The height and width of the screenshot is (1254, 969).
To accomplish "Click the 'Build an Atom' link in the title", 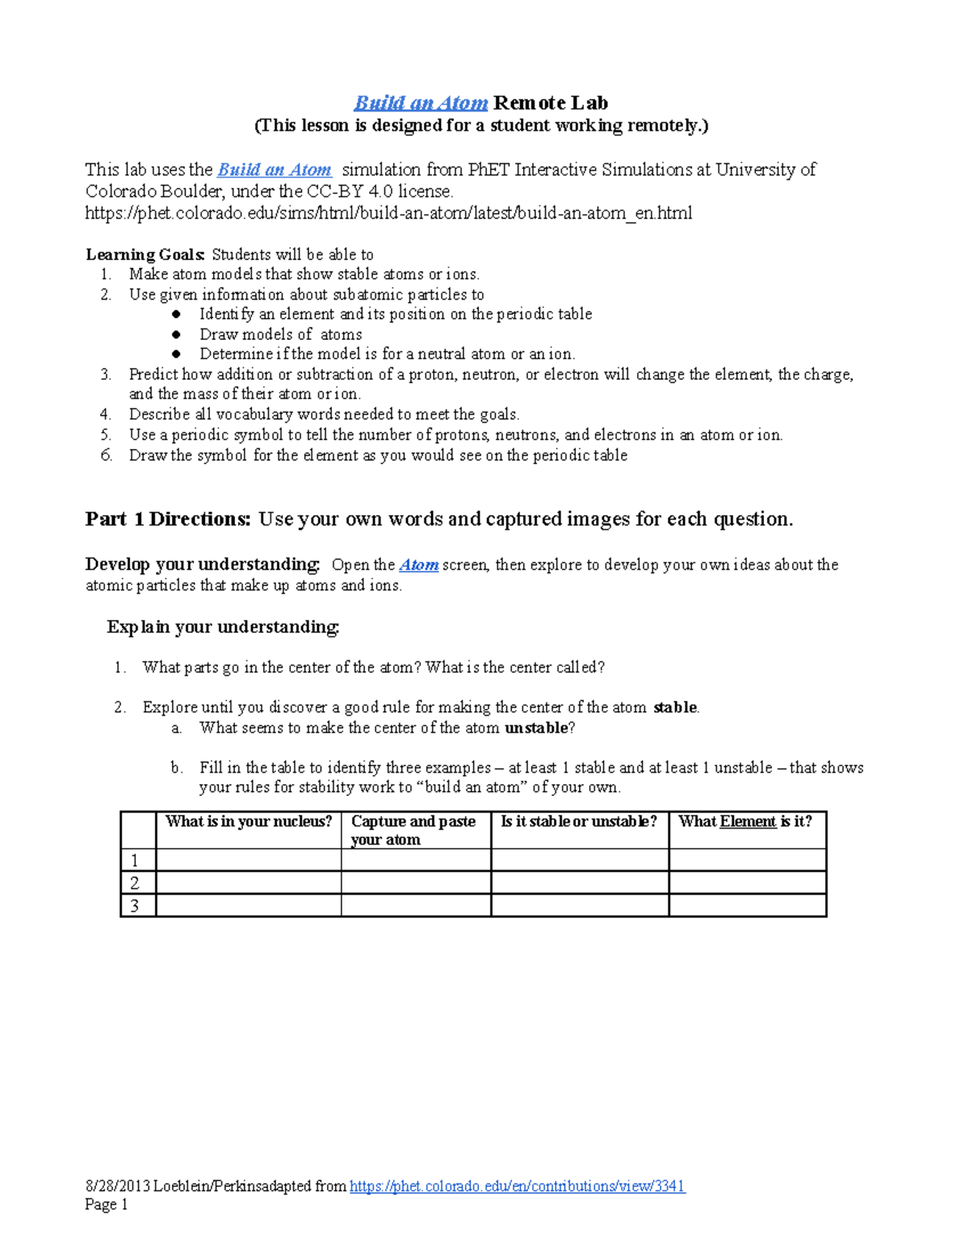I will coord(421,103).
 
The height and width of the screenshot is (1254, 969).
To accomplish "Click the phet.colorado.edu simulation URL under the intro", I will coord(388,213).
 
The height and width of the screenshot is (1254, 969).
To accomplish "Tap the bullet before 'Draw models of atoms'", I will coord(176,334).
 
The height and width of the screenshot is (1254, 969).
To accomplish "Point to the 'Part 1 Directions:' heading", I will coord(168,519).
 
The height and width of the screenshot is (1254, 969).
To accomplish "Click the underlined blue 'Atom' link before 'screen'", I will coord(419,565).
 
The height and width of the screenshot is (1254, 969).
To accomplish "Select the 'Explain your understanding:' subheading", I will coord(223,627).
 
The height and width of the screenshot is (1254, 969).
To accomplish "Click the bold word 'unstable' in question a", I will coord(536,728).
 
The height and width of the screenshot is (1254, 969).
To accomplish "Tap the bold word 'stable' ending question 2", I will coord(674,707).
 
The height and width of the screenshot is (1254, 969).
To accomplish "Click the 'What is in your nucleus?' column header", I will coord(249,822).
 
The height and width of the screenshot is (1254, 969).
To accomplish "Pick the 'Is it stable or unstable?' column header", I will coord(579,822).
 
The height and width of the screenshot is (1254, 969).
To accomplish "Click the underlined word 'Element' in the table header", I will coord(748,822).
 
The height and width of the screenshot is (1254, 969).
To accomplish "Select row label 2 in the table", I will coord(135,883).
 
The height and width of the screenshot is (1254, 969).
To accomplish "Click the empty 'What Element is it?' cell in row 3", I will coord(747,905).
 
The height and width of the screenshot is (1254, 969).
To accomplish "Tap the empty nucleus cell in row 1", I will coord(249,859).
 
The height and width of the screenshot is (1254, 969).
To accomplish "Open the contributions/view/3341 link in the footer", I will coord(517,1186).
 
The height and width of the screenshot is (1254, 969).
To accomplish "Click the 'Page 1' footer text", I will coord(107,1205).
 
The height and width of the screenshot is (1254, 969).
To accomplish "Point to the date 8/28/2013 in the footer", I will coord(118,1186).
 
